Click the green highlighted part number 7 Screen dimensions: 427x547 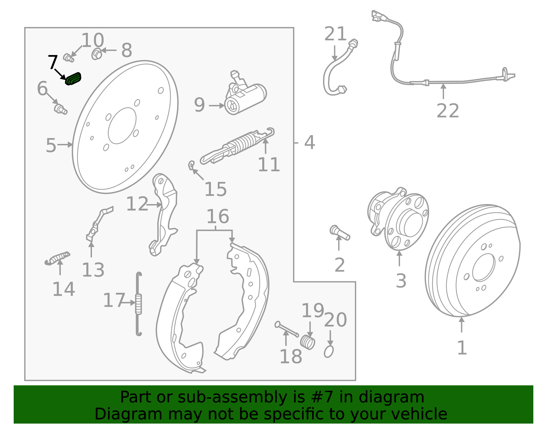pyautogui.click(x=73, y=79)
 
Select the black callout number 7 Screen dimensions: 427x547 pyautogui.click(x=53, y=63)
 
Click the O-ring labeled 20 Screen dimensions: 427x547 pyautogui.click(x=329, y=351)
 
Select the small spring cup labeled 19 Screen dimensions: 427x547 pyautogui.click(x=308, y=342)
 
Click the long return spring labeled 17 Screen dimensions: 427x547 pyautogui.click(x=138, y=303)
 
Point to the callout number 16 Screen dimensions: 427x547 pyautogui.click(x=217, y=216)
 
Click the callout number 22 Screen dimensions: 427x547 pyautogui.click(x=448, y=111)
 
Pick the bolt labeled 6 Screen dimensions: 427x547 pyautogui.click(x=61, y=109)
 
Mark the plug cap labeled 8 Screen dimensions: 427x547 pyautogui.click(x=97, y=54)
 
